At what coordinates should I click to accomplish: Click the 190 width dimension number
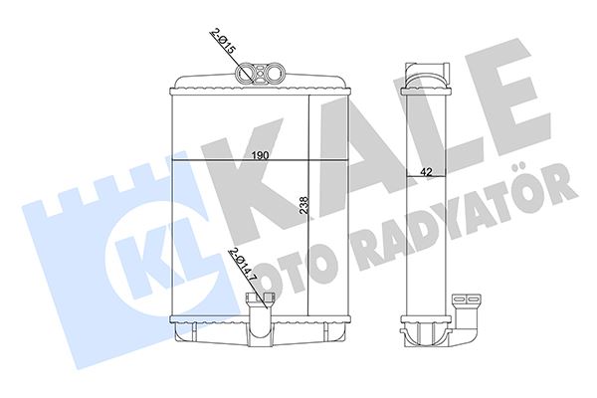[258, 156]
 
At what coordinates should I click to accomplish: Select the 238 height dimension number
[303, 206]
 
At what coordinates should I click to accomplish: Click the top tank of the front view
[259, 88]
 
